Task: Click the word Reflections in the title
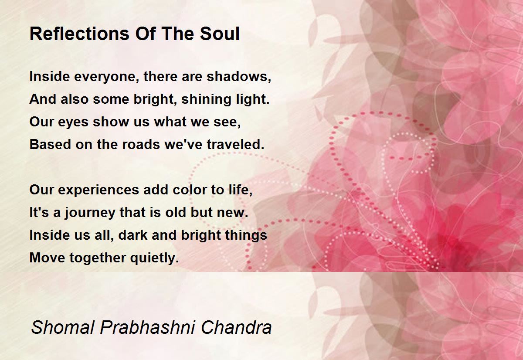point(79,34)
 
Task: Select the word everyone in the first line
point(105,77)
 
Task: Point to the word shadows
point(239,77)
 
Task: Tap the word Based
point(50,144)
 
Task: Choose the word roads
point(141,144)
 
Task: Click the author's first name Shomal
point(63,327)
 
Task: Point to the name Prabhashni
point(147,327)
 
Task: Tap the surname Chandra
point(236,327)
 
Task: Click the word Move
point(48,258)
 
